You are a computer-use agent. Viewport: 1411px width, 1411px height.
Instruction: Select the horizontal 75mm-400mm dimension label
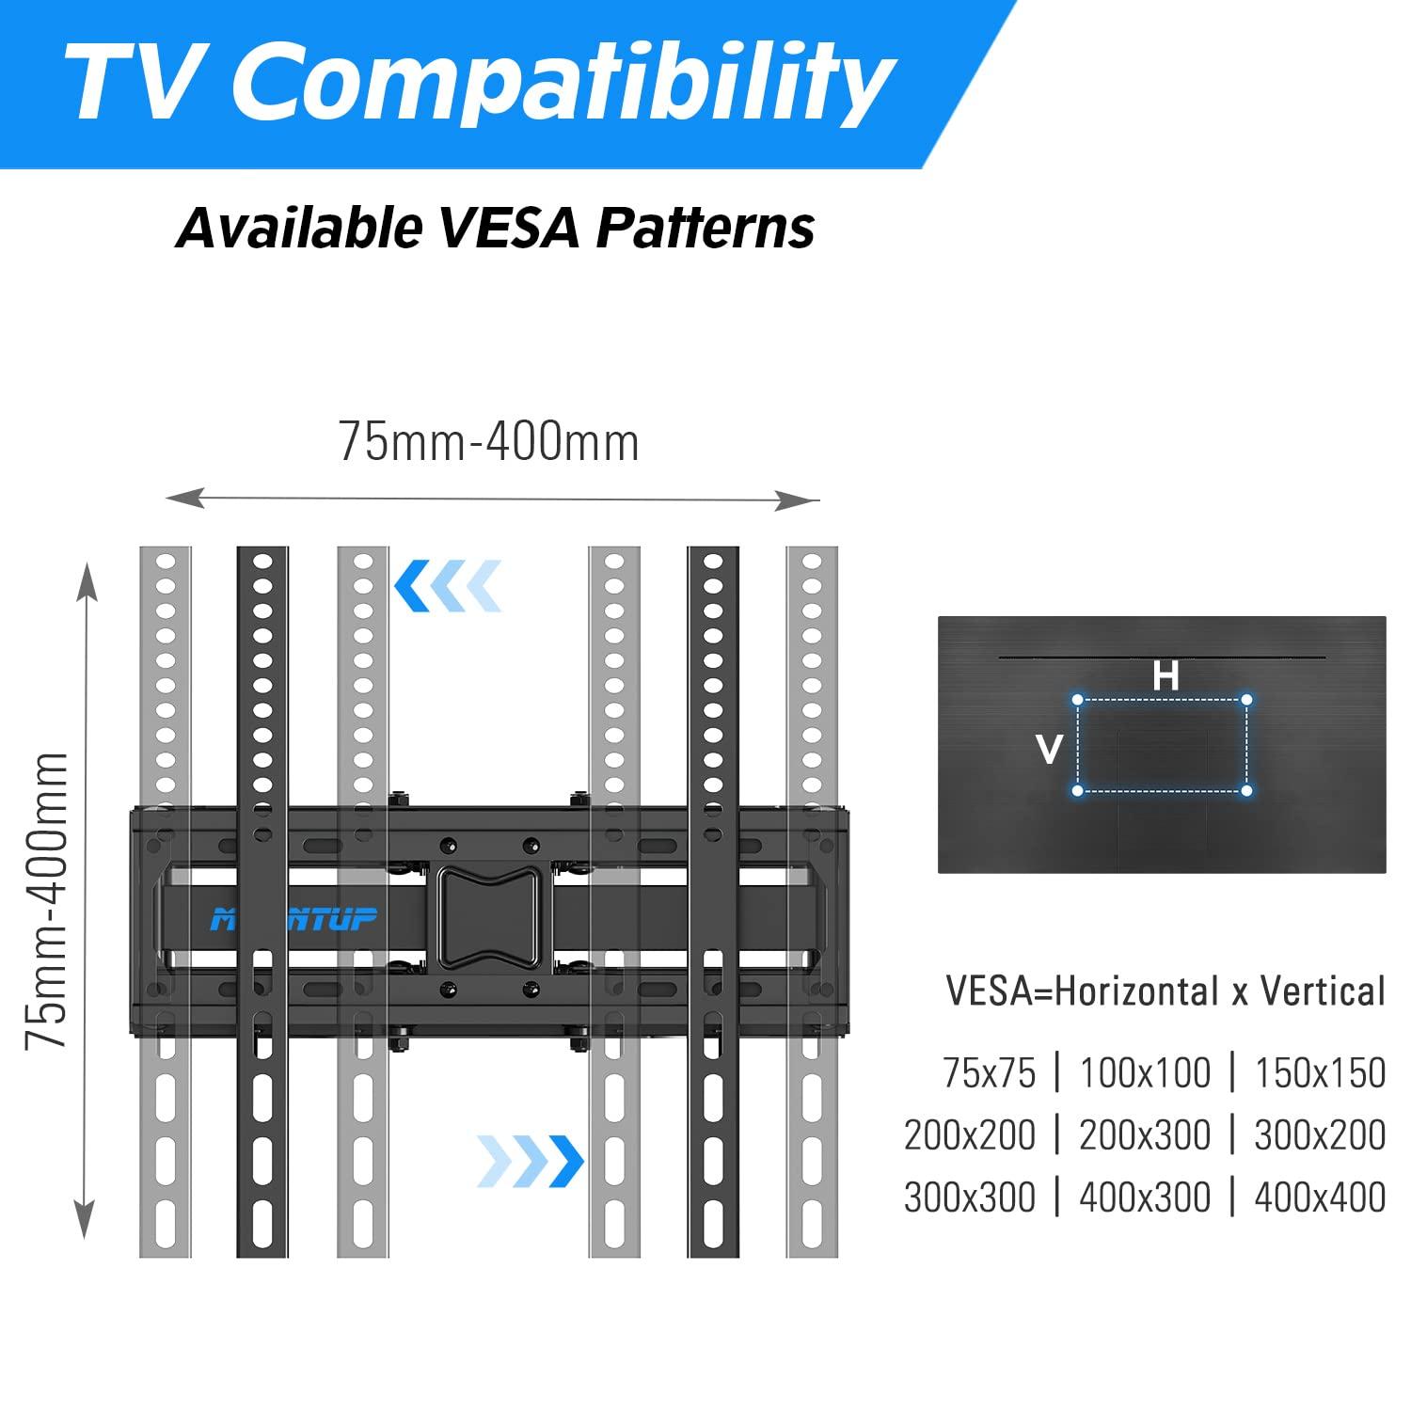[489, 442]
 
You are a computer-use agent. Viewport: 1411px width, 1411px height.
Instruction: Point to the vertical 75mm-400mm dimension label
[47, 900]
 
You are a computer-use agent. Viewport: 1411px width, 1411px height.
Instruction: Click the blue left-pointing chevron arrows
[448, 585]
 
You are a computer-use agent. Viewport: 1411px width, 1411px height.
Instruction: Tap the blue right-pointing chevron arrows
[530, 1161]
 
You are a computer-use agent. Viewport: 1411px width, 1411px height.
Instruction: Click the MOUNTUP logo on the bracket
[293, 918]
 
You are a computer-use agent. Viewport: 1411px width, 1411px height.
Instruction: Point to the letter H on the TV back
[1165, 675]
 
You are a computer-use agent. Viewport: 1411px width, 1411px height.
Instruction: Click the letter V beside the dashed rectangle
[1049, 750]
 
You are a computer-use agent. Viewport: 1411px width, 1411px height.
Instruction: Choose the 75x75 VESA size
[989, 1073]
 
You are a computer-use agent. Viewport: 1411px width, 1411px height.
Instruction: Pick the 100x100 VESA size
[1145, 1073]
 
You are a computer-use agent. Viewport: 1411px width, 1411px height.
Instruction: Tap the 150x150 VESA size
[1320, 1073]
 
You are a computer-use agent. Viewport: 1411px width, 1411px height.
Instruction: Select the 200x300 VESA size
[1145, 1135]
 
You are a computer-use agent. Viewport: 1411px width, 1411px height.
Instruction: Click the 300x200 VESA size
[1320, 1135]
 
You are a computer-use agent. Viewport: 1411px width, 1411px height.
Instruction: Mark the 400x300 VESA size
[1145, 1197]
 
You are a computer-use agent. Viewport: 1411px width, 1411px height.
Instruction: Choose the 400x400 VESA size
[1320, 1197]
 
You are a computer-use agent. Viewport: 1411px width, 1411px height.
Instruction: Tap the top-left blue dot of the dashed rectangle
[1078, 700]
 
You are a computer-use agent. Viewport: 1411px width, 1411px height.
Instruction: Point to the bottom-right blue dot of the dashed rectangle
[1246, 790]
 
